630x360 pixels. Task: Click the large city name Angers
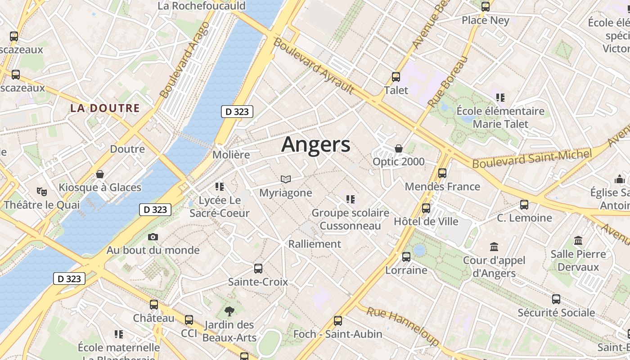coord(315,144)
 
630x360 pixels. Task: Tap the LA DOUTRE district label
coord(105,108)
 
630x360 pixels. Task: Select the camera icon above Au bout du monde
coord(153,237)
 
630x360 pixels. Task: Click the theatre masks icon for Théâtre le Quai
coord(42,192)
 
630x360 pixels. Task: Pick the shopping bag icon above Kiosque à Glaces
coord(100,174)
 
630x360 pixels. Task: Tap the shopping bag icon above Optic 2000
coord(398,148)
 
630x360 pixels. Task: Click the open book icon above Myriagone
coord(286,180)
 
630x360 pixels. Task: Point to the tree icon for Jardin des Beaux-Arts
coord(229,311)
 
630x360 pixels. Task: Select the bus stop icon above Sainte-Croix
coord(258,269)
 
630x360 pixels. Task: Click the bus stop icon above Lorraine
coord(406,257)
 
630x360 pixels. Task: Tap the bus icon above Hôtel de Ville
coord(426,208)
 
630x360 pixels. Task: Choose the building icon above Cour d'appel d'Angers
coord(494,247)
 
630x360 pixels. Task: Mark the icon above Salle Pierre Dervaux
coord(578,241)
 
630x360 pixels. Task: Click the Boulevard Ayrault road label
coord(314,66)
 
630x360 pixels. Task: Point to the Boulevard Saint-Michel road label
coord(531,159)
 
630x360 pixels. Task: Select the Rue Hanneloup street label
coord(402,326)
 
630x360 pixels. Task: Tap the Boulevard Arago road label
coord(185,60)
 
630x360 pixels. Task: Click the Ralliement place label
coord(315,244)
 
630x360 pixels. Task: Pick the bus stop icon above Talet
coord(396,77)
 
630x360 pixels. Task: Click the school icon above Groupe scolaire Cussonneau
coord(351,199)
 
